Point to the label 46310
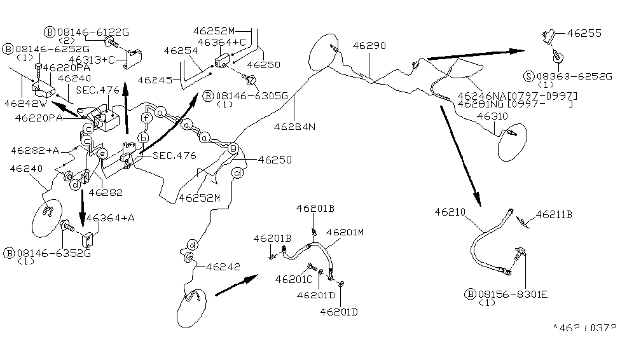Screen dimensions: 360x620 pyautogui.click(x=492, y=116)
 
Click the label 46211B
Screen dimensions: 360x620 pyautogui.click(x=554, y=215)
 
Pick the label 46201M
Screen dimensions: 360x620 pyautogui.click(x=347, y=233)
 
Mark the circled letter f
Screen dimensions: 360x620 pyautogui.click(x=146, y=118)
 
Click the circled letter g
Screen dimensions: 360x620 pyautogui.click(x=233, y=148)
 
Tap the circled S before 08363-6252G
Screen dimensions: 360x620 pyautogui.click(x=528, y=76)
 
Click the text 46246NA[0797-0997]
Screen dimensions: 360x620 pyautogui.click(x=521, y=95)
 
